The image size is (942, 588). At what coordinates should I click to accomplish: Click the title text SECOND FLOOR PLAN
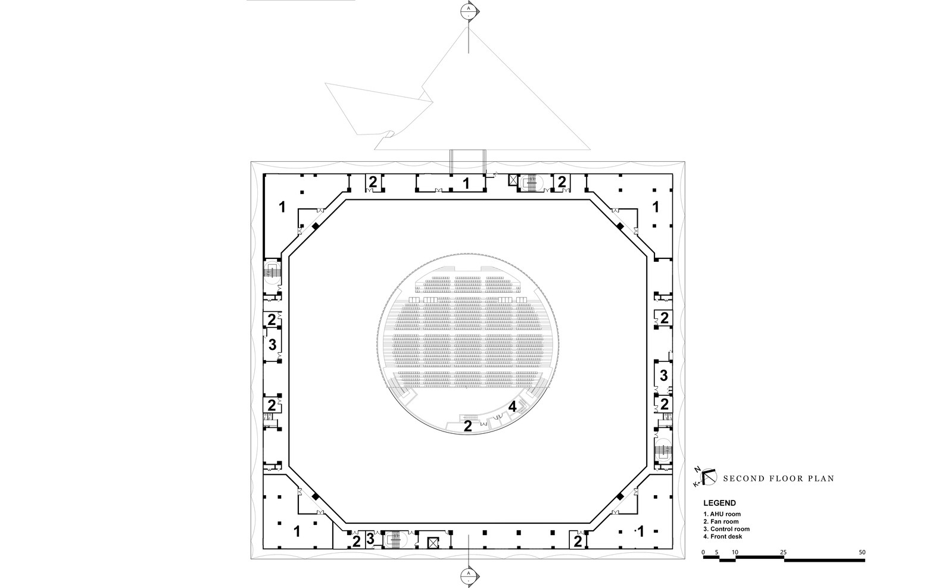[778, 478]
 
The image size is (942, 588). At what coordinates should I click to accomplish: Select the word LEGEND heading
[719, 503]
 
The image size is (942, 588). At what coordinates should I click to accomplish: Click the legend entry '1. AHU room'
[722, 514]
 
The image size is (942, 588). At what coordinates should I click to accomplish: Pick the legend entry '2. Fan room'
[720, 522]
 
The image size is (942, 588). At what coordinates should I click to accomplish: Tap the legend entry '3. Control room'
[726, 529]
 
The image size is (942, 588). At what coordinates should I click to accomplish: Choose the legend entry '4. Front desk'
[722, 537]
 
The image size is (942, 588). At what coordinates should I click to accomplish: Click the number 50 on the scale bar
[862, 552]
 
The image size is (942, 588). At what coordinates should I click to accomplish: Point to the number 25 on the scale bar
[784, 552]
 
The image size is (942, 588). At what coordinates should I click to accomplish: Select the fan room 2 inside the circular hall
[467, 426]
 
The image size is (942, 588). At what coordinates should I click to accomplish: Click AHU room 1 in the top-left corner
[283, 207]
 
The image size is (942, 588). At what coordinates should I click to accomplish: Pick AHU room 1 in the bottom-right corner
[641, 530]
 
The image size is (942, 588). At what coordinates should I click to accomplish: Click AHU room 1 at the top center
[466, 183]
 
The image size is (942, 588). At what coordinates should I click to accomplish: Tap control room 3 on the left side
[272, 345]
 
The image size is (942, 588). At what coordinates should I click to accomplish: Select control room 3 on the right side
[663, 376]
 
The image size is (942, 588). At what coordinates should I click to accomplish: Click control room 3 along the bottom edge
[370, 539]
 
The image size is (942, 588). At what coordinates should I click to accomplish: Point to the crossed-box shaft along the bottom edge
[433, 542]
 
